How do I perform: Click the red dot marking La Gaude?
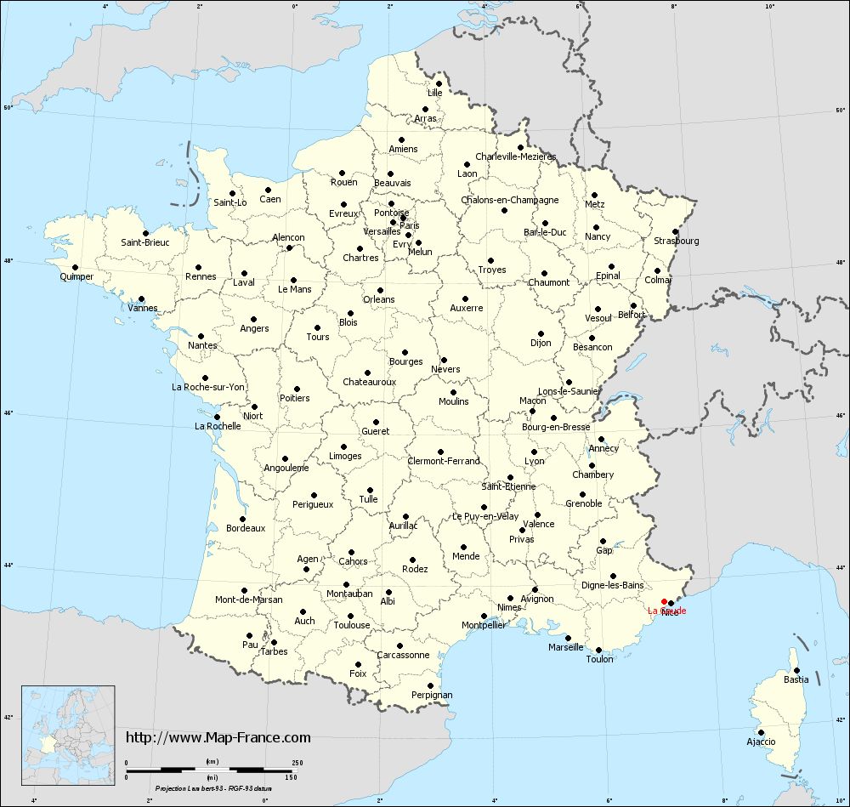coord(664,601)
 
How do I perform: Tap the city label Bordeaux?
coord(246,528)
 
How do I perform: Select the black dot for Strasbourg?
coord(674,231)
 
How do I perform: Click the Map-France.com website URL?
coord(218,737)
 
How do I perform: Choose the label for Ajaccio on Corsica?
coord(761,742)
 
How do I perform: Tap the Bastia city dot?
coord(796,670)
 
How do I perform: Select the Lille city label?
coord(435,93)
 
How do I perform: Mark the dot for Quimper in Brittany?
coord(76,267)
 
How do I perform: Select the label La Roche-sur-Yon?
coord(208,387)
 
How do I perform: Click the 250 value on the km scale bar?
coord(297,762)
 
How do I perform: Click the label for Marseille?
coord(566,647)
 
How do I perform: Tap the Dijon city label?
coord(541,343)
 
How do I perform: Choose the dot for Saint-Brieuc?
coord(145,233)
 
